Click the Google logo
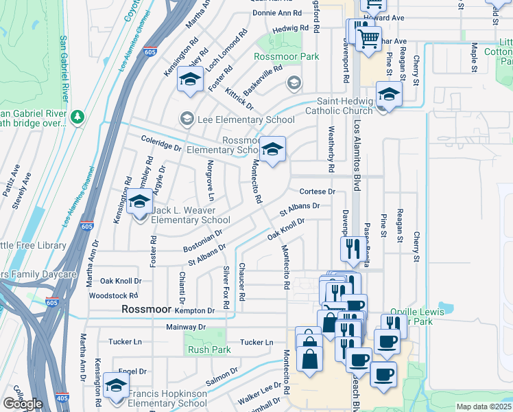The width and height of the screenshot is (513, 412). [23, 404]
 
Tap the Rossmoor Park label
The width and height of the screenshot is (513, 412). [287, 57]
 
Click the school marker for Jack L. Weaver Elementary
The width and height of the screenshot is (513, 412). [139, 204]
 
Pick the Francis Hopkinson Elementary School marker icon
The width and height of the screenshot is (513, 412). [116, 386]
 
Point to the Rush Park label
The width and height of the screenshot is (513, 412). [209, 350]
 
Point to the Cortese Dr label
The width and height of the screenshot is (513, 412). [317, 192]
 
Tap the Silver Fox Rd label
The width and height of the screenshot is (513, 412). [226, 286]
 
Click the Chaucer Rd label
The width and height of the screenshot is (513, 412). [242, 282]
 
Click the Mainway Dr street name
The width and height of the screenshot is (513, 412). [185, 327]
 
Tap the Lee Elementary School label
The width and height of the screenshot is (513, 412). [246, 119]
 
